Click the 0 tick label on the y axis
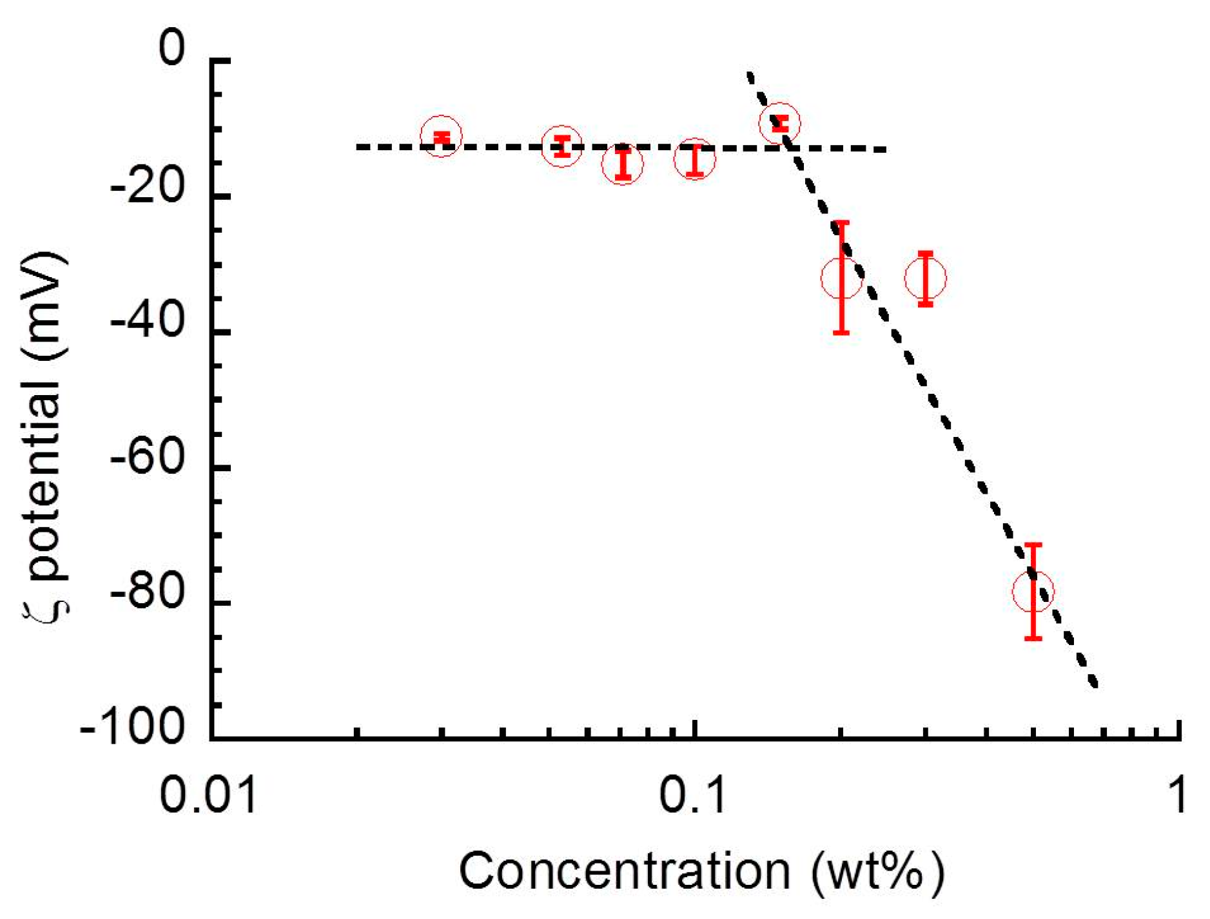click(172, 48)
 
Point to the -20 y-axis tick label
click(147, 188)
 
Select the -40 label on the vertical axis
click(147, 322)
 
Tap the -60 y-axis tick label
click(147, 459)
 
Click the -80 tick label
click(147, 593)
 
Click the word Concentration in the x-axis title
click(624, 871)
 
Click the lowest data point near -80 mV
click(1033, 591)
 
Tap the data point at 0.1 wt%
click(694, 159)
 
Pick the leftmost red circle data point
click(441, 136)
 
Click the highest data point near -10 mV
click(779, 122)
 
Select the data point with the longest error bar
click(841, 278)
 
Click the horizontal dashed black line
click(580, 148)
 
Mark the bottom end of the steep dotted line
click(1093, 684)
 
